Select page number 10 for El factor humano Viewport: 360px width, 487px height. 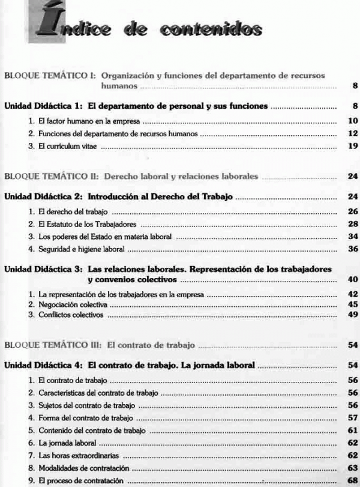tap(352, 121)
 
